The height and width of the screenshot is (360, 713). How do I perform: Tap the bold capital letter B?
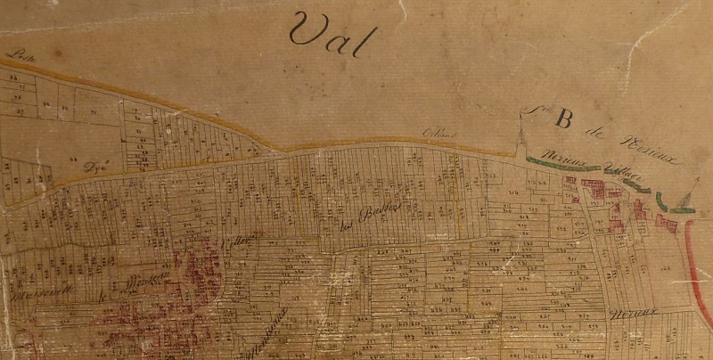click(563, 119)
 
